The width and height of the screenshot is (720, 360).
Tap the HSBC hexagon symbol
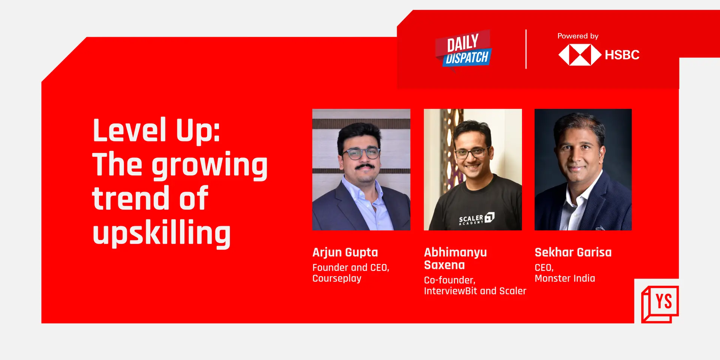click(580, 55)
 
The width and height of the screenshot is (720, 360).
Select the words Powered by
click(577, 36)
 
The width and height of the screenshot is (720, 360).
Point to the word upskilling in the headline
click(161, 233)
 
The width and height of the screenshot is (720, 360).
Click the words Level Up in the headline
click(156, 130)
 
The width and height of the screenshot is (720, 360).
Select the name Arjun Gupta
click(345, 252)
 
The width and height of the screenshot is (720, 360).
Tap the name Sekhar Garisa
click(573, 252)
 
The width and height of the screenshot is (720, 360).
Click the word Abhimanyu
click(455, 252)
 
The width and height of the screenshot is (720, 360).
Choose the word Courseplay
click(337, 278)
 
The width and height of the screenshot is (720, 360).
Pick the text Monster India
click(564, 278)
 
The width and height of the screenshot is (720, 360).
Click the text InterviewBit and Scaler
click(475, 291)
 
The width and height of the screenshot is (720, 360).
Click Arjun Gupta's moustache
click(364, 166)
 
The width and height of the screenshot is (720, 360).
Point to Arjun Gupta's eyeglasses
click(361, 153)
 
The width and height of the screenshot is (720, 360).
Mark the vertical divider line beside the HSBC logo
click(526, 49)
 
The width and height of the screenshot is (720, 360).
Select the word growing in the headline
click(209, 165)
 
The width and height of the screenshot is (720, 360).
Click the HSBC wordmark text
click(622, 55)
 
